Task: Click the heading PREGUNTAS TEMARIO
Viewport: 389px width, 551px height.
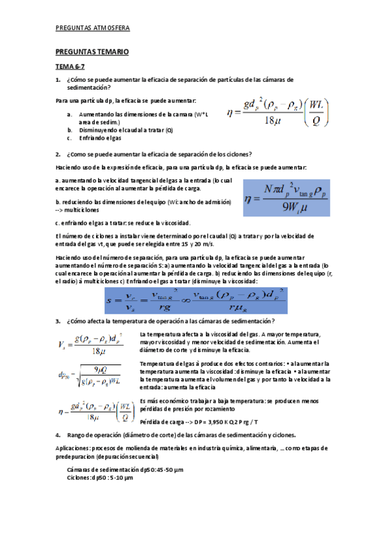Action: [92, 51]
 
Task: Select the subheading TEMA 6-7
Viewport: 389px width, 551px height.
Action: [69, 66]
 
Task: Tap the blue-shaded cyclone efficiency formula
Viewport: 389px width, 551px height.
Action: [286, 197]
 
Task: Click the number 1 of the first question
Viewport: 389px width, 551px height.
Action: [58, 79]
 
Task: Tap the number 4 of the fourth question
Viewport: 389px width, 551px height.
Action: [58, 435]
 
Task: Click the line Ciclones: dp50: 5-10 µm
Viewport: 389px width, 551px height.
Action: [100, 478]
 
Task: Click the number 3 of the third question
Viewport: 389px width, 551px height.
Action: [58, 321]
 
